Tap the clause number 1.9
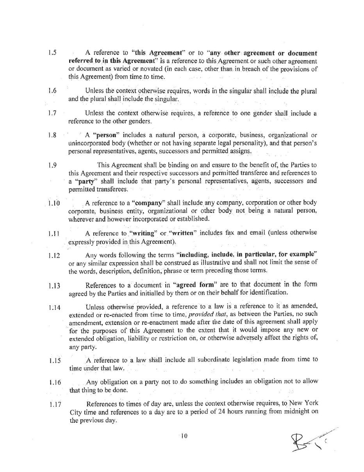pyautogui.click(x=53, y=165)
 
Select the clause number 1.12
pyautogui.click(x=54, y=256)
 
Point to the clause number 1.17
pyautogui.click(x=55, y=404)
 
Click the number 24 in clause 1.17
pyautogui.click(x=215, y=412)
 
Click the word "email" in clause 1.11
pyautogui.click(x=258, y=233)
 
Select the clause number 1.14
pyautogui.click(x=54, y=307)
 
